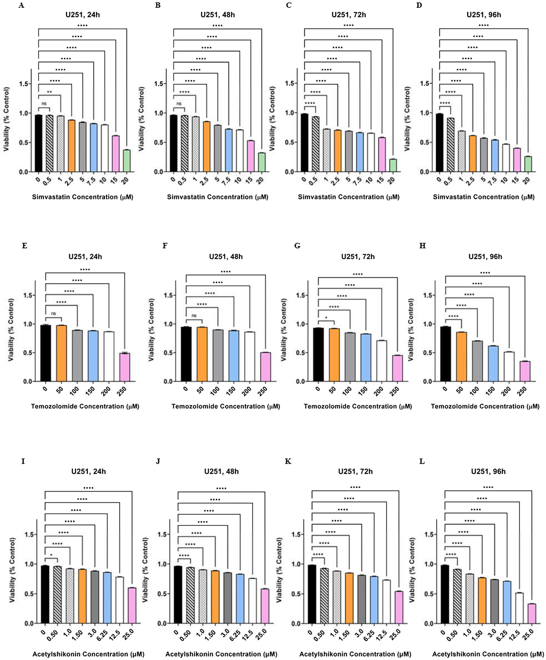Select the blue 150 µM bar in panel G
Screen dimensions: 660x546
pyautogui.click(x=366, y=358)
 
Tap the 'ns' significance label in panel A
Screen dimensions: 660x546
pyautogui.click(x=44, y=103)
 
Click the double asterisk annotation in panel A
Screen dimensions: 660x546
pyautogui.click(x=49, y=92)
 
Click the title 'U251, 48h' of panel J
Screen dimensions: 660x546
pyautogui.click(x=221, y=472)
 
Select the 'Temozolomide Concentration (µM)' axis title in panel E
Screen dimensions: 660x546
pyautogui.click(x=85, y=406)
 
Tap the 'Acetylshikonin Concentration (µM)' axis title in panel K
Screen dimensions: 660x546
pyautogui.click(x=355, y=654)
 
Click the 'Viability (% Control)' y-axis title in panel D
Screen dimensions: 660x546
pyautogui.click(x=407, y=119)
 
